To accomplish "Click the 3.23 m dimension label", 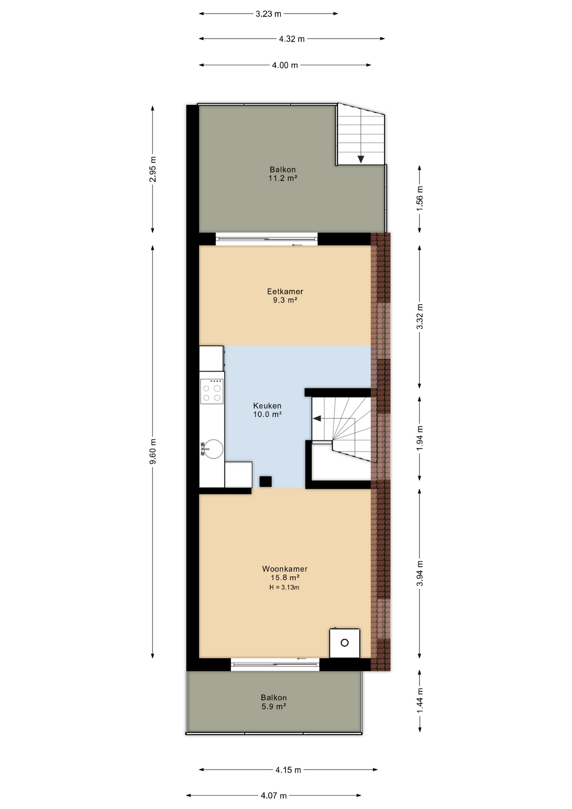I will point(268,14).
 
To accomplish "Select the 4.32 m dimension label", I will point(291,39).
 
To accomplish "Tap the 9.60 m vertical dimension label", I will point(153,451).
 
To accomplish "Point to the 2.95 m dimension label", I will point(153,169).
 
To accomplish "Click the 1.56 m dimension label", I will point(420,198).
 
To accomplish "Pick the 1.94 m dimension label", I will point(420,438).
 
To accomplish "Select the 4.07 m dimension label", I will point(273,796).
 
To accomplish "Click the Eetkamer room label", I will point(285,292).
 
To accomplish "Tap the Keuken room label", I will point(267,406).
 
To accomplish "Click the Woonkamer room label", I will point(285,569).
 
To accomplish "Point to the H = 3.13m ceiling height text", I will point(284,587).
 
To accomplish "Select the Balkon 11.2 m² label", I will point(283,174).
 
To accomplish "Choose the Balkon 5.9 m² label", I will point(273,702).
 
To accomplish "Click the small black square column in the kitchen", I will point(265,481).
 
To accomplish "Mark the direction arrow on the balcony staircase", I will point(361,159).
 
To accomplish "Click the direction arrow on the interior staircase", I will point(317,418).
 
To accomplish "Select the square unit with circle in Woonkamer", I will point(345,643).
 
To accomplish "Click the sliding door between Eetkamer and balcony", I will point(266,239).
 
